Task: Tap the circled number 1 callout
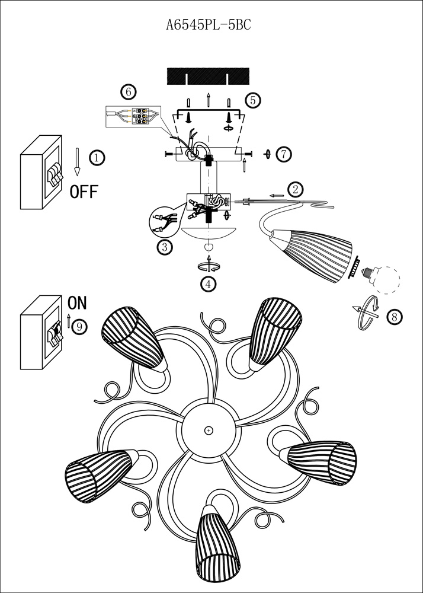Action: tap(97, 157)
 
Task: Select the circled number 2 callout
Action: tap(296, 189)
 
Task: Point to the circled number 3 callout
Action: tap(164, 247)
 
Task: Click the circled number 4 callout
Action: tap(207, 284)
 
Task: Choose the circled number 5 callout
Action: tap(253, 100)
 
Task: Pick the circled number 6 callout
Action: tap(127, 92)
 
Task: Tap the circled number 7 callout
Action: tap(284, 154)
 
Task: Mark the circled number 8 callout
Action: tap(394, 317)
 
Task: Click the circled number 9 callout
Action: tap(80, 326)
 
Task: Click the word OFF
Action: tap(84, 192)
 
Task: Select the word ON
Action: tap(77, 303)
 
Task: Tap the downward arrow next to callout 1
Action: tap(77, 161)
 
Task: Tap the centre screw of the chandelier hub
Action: tap(208, 429)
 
